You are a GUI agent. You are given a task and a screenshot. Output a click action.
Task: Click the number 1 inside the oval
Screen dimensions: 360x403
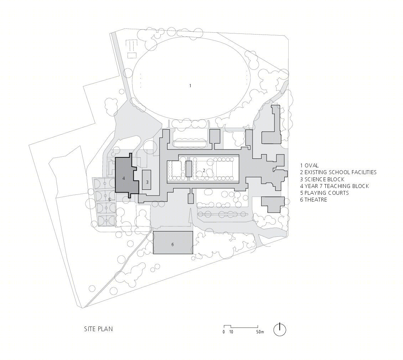[x=190, y=86]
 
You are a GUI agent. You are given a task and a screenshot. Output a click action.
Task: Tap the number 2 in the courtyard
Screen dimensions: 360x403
[x=204, y=171]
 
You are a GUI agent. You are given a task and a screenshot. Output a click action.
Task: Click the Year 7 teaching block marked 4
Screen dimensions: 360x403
[x=124, y=178]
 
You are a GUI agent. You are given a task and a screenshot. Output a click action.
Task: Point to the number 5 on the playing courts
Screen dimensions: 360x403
[x=110, y=200]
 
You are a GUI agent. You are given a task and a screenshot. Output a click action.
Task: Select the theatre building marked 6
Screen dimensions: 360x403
[x=173, y=244]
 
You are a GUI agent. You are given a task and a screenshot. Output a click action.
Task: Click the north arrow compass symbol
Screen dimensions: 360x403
[x=280, y=329]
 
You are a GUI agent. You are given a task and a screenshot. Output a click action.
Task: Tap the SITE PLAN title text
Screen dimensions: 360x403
[x=98, y=329]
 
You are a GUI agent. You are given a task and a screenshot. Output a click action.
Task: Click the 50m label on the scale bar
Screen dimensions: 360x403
[x=260, y=332]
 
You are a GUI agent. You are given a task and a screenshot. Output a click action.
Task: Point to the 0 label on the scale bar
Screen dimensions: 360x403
[x=224, y=332]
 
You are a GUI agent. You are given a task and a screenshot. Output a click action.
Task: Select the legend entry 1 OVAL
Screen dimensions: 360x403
[x=309, y=166]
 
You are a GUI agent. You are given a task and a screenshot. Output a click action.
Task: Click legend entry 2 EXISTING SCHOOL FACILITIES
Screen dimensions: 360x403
[x=338, y=172]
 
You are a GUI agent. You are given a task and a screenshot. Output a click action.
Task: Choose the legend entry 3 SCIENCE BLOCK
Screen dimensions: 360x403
[x=322, y=179]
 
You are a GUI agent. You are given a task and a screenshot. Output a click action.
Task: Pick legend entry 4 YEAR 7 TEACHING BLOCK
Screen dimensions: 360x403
[x=334, y=186]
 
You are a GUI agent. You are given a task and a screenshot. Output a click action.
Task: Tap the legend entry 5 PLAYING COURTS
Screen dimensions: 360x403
[x=324, y=193]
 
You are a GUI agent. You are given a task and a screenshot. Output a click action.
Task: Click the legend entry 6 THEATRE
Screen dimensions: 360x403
[x=314, y=200]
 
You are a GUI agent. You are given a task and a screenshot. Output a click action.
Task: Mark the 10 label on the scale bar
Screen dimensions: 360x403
[x=231, y=332]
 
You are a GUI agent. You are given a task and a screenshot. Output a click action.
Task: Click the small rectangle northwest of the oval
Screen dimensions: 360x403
[x=132, y=55]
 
